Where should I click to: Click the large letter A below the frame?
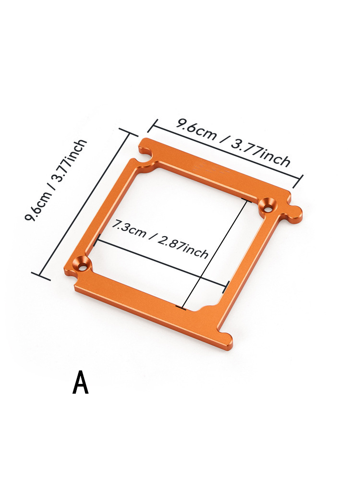coord(81,383)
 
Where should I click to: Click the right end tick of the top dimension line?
coord(300,181)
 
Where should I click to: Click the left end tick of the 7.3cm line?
coord(98,240)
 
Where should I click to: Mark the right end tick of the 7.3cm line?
coord(225,288)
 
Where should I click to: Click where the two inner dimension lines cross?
coord(198,277)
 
